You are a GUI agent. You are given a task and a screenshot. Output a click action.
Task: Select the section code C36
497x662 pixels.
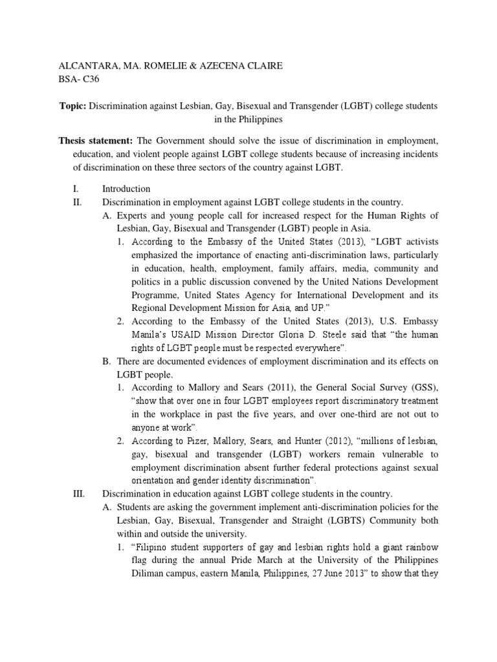89,80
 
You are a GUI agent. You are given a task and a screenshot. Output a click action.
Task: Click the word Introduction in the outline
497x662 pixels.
126,189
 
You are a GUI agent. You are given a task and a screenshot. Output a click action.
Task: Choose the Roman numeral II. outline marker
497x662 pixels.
79,202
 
